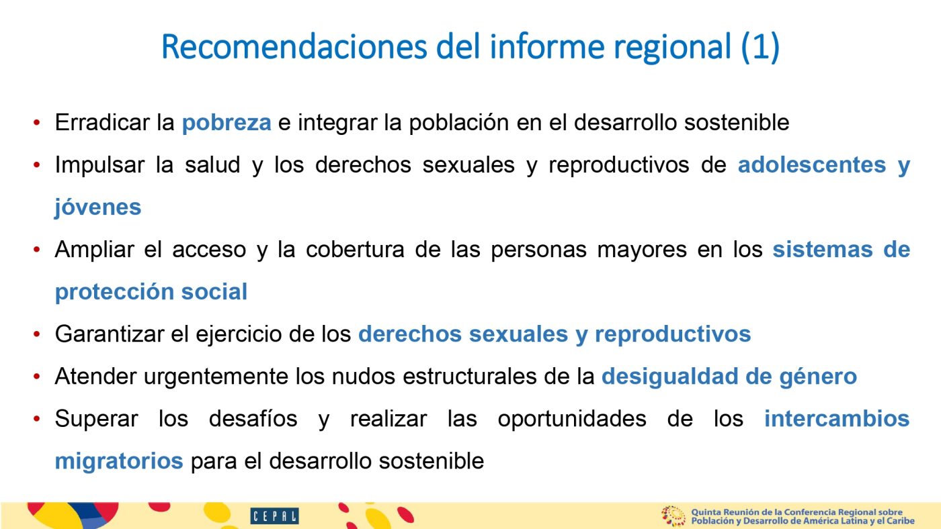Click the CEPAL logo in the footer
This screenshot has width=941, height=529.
pos(274,516)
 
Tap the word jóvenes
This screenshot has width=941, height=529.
pos(98,207)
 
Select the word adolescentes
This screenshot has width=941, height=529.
pos(812,164)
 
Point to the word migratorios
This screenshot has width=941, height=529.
pos(119,461)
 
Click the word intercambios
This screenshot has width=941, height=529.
pos(837,418)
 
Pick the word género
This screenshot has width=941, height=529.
pos(818,377)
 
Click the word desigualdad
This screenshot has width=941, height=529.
pos(669,376)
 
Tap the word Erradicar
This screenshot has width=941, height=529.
pos(102,122)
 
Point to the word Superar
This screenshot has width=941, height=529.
pos(96,419)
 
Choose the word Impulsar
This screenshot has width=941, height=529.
pos(99,165)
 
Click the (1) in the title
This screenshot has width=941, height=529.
pos(760,47)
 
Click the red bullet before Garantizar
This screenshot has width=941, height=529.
pos(36,334)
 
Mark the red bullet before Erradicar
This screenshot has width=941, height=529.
pos(36,123)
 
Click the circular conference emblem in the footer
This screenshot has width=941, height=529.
pos(673,516)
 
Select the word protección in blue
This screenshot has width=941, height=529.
pos(114,292)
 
